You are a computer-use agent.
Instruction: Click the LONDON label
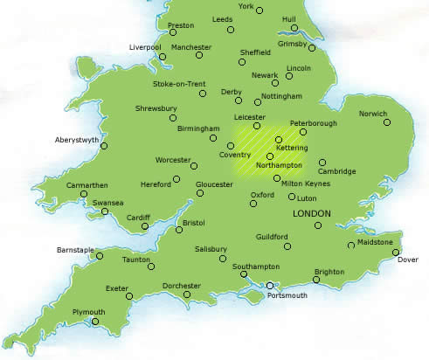pyautogui.click(x=312, y=212)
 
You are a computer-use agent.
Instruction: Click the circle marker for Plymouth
pyautogui.click(x=97, y=322)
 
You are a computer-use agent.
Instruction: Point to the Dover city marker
pyautogui.click(x=396, y=252)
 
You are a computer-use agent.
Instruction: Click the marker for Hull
pyautogui.click(x=295, y=29)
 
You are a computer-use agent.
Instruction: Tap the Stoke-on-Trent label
pyautogui.click(x=179, y=84)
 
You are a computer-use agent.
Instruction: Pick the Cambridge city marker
pyautogui.click(x=322, y=162)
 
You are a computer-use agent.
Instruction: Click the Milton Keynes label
pyautogui.click(x=305, y=183)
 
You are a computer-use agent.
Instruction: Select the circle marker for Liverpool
pyautogui.click(x=163, y=58)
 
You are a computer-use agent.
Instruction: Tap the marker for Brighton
pyautogui.click(x=316, y=280)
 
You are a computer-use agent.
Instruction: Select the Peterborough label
pyautogui.click(x=312, y=123)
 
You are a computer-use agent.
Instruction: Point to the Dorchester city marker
pyautogui.click(x=187, y=294)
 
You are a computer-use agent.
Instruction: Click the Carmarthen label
pyautogui.click(x=87, y=185)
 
